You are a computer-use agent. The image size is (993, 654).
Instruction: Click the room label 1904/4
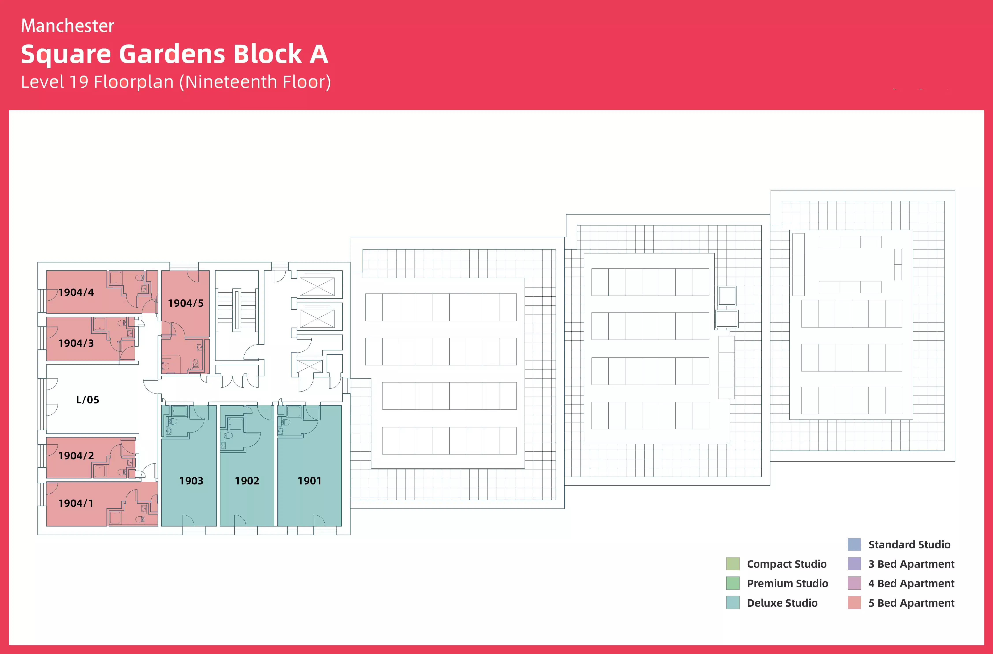coord(76,292)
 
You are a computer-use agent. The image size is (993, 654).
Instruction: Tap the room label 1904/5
coord(186,303)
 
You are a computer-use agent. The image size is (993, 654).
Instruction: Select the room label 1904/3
coord(76,343)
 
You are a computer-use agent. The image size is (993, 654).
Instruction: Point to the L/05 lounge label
coord(88,400)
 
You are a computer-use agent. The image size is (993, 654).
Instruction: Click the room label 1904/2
coord(76,456)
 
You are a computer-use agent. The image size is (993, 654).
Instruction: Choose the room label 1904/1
coord(76,503)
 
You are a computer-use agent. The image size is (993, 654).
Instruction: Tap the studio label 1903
coord(191,481)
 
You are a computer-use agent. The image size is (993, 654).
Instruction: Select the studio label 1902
coord(247,481)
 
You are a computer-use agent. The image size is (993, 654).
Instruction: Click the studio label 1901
coord(309,481)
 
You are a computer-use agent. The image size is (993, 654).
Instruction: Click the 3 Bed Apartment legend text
coord(911,564)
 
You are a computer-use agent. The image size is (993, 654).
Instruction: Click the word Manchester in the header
coord(68,26)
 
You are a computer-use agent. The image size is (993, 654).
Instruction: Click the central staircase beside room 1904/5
coord(237,311)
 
